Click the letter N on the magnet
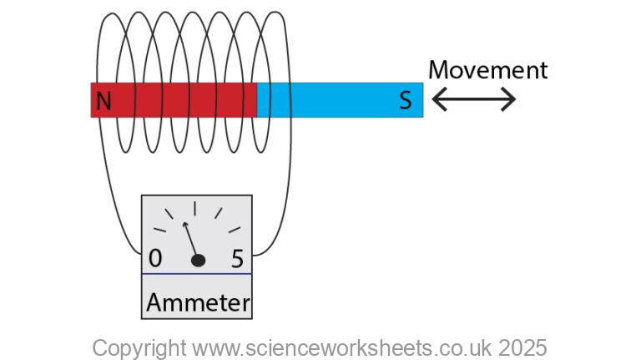(x=103, y=101)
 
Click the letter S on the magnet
(x=405, y=101)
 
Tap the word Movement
(x=487, y=70)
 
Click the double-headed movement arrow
(x=474, y=100)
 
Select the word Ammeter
(x=197, y=302)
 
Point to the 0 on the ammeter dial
(x=155, y=258)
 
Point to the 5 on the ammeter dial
(x=237, y=258)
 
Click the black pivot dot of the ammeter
(x=198, y=261)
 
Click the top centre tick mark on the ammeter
(x=195, y=208)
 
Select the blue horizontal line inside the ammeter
(x=197, y=274)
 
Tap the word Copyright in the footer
(x=139, y=347)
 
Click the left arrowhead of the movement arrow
(x=437, y=100)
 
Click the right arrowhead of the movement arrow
(x=510, y=100)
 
